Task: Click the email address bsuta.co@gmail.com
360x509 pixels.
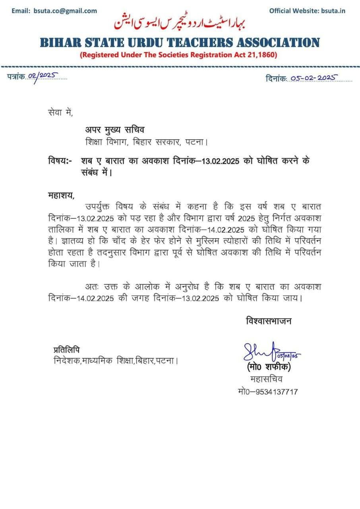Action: tap(66, 11)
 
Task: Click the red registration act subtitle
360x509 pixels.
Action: tap(178, 55)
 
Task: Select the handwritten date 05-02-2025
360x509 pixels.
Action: tap(314, 78)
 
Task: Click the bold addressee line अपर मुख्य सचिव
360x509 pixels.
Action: tap(115, 130)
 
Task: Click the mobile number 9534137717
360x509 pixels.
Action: tap(275, 392)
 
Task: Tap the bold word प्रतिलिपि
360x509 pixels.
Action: tap(66, 350)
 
